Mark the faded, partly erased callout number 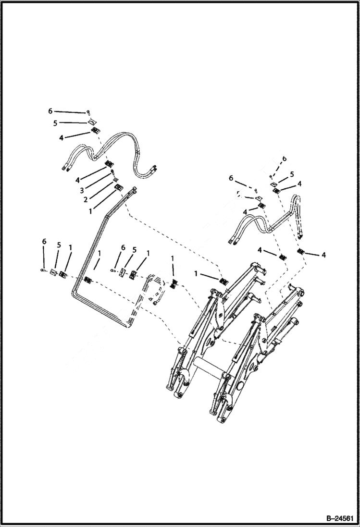point(238,194)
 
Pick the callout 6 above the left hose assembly point(50,111)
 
